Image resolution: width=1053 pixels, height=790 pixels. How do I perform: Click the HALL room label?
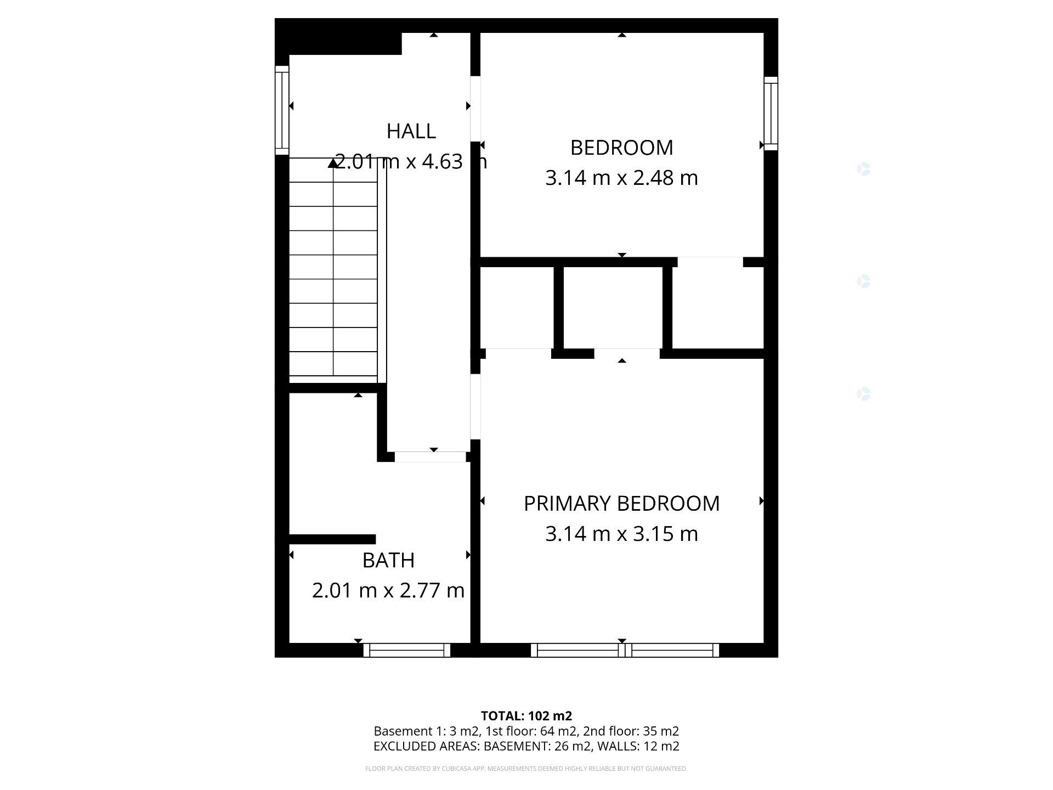(411, 131)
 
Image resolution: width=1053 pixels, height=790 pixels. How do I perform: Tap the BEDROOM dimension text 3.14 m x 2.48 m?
(621, 178)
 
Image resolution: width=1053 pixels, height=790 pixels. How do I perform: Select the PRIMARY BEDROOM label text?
(621, 504)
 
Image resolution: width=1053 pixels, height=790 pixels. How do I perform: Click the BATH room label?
(388, 560)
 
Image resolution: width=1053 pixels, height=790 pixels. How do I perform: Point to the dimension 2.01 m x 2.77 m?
(388, 590)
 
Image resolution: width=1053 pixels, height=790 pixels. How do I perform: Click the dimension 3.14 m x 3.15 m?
(621, 534)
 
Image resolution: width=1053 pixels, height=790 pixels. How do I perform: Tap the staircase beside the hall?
(333, 269)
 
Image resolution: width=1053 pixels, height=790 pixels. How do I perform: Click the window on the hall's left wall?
(281, 110)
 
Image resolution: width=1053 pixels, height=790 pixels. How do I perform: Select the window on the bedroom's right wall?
(771, 114)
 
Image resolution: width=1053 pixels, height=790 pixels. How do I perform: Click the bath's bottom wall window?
(406, 650)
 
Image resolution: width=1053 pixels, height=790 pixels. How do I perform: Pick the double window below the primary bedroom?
(624, 650)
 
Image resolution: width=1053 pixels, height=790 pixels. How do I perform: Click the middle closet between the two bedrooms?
(613, 307)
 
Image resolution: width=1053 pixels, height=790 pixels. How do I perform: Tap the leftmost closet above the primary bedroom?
(517, 307)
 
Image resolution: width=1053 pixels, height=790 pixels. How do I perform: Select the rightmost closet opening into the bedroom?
(718, 307)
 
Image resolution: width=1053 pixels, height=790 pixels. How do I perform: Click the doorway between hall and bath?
(430, 456)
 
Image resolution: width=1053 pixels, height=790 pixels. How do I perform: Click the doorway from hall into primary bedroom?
(475, 407)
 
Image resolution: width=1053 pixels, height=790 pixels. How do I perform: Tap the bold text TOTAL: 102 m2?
(526, 716)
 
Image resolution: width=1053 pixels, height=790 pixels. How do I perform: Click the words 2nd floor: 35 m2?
(631, 731)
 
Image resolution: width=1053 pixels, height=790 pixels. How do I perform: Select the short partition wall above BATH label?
(332, 539)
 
